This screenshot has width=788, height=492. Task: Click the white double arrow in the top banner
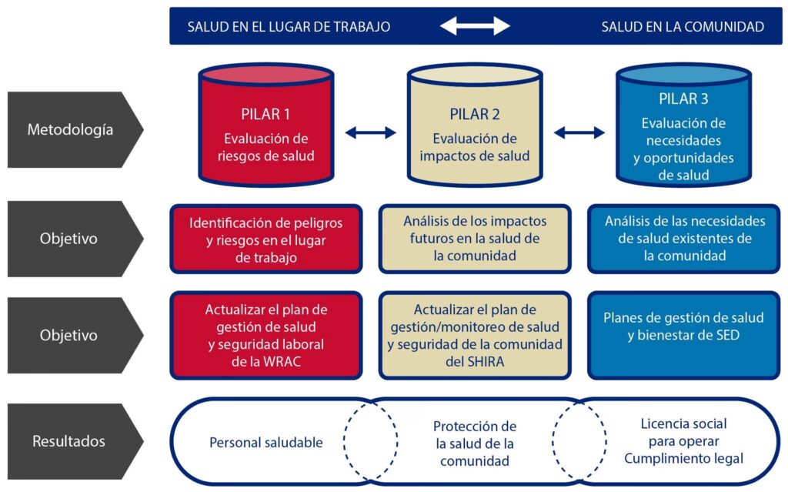click(475, 26)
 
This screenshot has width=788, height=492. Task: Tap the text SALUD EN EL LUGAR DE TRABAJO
click(289, 27)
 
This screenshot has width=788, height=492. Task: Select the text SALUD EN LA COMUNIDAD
click(683, 27)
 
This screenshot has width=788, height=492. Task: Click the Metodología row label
click(70, 129)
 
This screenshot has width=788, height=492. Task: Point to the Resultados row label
click(68, 441)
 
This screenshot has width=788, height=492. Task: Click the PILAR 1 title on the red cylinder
click(265, 115)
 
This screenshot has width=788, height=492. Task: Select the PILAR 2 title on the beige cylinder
click(475, 115)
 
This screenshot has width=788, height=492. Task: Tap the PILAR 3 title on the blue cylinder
click(683, 99)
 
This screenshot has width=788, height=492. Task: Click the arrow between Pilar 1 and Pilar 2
click(370, 133)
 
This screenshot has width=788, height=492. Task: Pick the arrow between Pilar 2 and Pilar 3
click(579, 133)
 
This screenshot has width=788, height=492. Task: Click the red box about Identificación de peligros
click(265, 239)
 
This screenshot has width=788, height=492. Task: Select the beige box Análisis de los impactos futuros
click(475, 238)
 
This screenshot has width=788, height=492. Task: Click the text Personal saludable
click(266, 442)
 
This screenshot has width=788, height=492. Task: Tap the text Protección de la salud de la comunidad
click(475, 443)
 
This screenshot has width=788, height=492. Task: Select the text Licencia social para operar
click(683, 432)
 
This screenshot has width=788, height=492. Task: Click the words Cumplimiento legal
click(683, 459)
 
